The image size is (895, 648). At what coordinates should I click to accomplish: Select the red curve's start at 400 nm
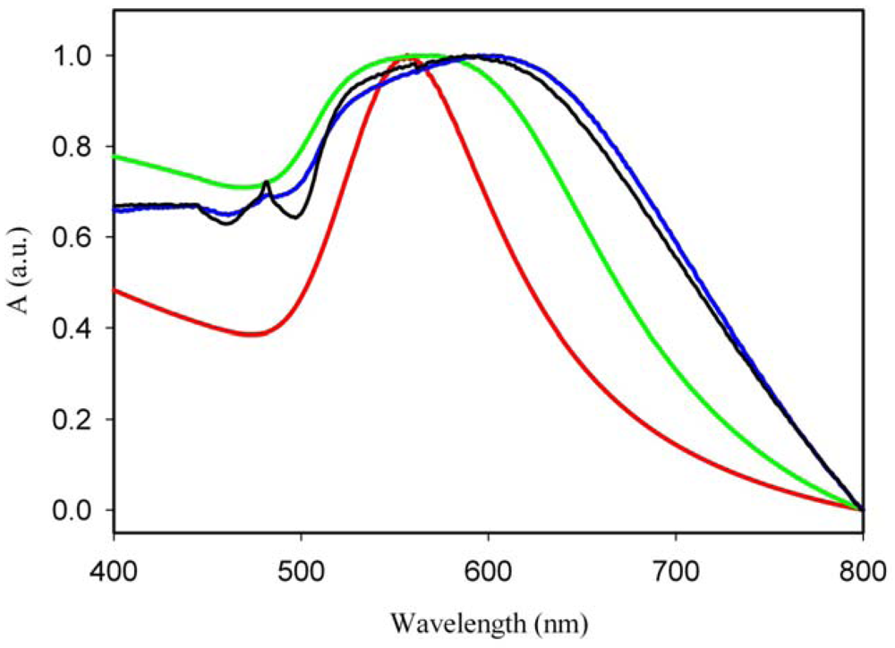coord(115,290)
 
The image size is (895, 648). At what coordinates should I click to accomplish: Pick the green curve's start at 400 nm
coord(115,157)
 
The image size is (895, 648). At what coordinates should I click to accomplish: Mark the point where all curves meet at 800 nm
coord(862,509)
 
